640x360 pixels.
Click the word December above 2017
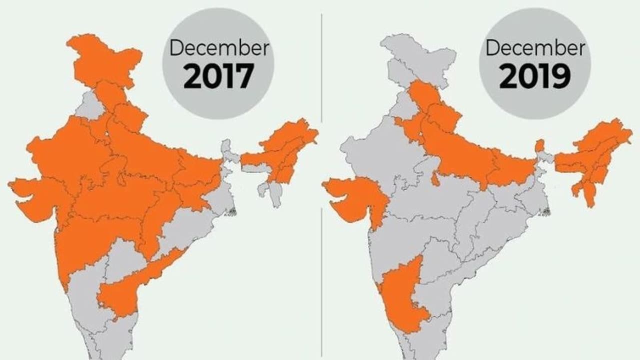pos(218,48)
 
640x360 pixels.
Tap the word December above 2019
pos(535,48)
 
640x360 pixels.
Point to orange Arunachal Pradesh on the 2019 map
pos(607,137)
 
